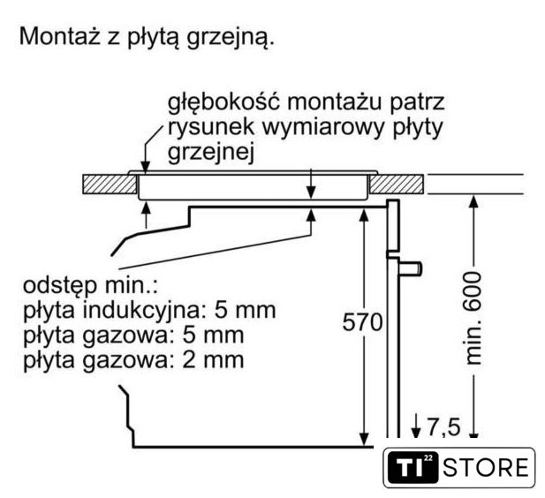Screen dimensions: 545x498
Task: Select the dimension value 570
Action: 362,322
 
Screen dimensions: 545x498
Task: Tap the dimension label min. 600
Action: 473,318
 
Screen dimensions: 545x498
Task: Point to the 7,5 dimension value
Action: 443,426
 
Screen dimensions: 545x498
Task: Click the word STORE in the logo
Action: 486,468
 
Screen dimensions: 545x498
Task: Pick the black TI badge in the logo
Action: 413,467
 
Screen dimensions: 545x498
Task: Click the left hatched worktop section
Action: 110,184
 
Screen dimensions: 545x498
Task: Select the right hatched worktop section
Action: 397,184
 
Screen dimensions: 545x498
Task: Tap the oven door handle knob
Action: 411,269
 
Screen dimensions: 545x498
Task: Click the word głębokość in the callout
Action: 223,102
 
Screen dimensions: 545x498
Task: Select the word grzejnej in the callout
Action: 210,153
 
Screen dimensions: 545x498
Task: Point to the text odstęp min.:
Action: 90,286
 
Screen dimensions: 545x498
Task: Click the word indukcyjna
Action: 140,310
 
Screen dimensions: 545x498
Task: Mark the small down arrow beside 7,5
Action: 416,426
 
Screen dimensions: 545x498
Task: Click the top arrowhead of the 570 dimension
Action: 363,215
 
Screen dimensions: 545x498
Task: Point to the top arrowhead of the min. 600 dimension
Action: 473,200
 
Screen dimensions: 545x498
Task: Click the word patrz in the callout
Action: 417,102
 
